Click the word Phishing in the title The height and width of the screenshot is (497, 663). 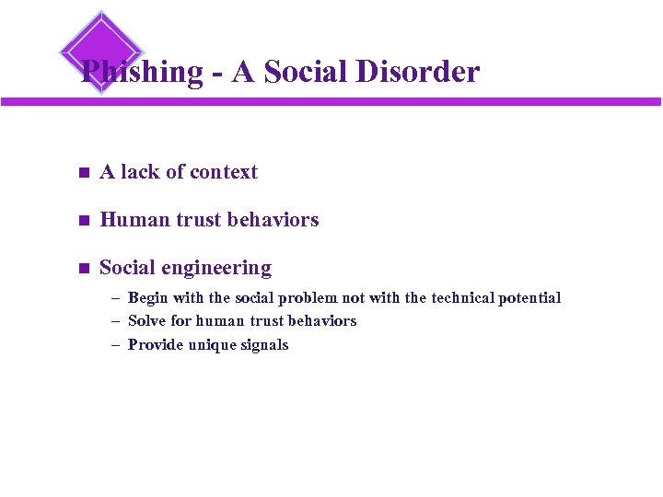[x=141, y=72]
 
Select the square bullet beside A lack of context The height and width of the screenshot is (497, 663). [x=82, y=172]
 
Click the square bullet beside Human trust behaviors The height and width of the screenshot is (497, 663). [x=82, y=220]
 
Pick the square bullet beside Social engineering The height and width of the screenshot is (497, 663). [x=82, y=269]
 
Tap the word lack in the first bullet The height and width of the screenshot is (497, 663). [x=140, y=172]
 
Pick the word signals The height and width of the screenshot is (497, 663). [x=265, y=345]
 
